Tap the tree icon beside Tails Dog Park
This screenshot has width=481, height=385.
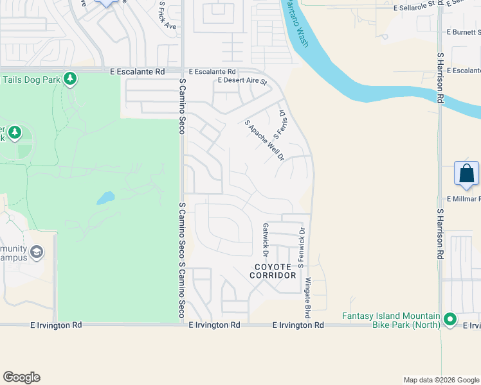(x=69, y=80)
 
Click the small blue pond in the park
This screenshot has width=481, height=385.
(x=105, y=198)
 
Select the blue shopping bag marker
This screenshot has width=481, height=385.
(x=466, y=174)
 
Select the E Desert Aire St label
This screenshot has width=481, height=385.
(x=242, y=81)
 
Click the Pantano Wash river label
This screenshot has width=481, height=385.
(x=295, y=26)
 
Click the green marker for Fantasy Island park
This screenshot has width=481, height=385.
(x=450, y=318)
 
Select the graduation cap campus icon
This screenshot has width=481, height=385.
(x=37, y=251)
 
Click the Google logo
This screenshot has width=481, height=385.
(x=21, y=377)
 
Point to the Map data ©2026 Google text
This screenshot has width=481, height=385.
(x=440, y=380)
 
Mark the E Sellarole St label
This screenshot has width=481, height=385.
(x=414, y=8)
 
